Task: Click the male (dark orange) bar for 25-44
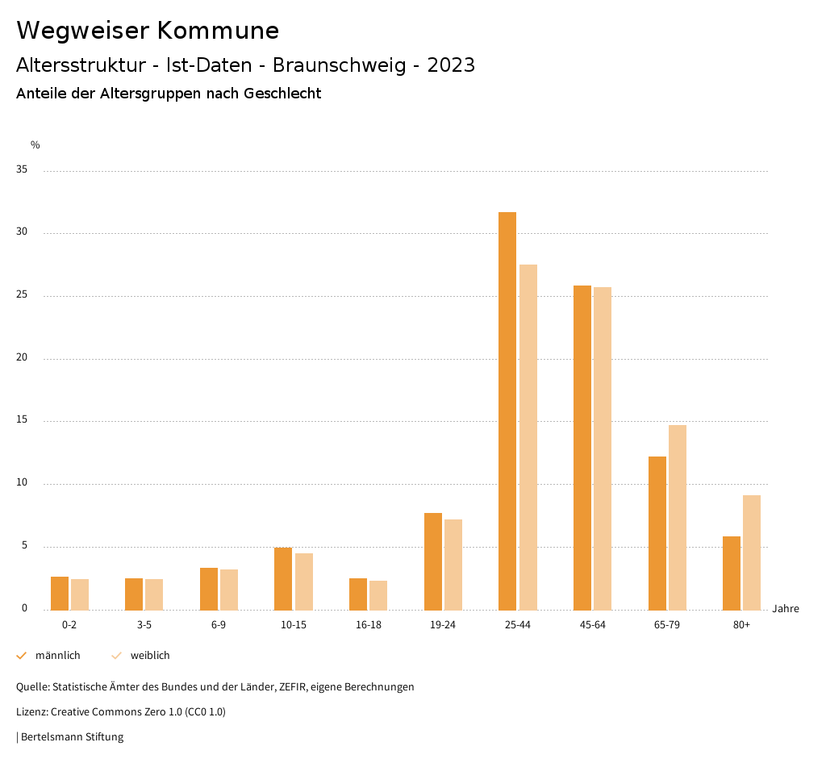tap(507, 411)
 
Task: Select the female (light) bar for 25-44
tap(528, 437)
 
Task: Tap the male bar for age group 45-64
tap(582, 448)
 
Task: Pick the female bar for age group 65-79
tap(678, 517)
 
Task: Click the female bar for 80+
tap(752, 552)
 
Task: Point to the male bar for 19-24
tap(433, 561)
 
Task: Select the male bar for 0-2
tap(60, 593)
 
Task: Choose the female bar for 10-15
tap(304, 582)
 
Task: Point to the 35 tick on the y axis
tap(21, 170)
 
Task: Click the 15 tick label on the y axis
tap(21, 421)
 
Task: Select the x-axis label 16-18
tap(368, 625)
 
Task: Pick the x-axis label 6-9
tap(219, 625)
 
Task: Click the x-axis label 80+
tap(742, 625)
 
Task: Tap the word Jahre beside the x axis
tap(786, 609)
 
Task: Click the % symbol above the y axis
tap(35, 145)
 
